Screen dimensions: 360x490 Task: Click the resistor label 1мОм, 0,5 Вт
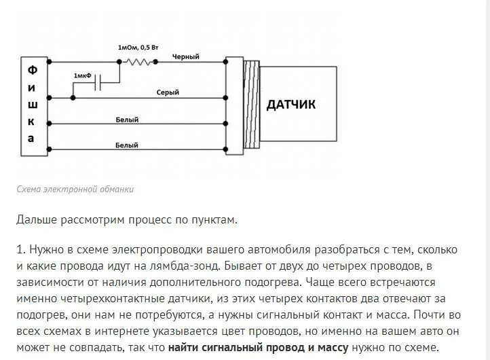(138, 48)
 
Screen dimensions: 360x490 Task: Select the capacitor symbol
(99, 84)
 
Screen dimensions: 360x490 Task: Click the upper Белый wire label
(127, 120)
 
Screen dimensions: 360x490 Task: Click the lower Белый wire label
(127, 145)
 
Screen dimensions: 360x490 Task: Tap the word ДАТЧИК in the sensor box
(290, 105)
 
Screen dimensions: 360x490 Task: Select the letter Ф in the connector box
(31, 70)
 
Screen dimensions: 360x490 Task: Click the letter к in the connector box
(31, 121)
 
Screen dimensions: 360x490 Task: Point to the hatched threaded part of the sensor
(251, 105)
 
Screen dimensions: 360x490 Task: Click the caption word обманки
(115, 190)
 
